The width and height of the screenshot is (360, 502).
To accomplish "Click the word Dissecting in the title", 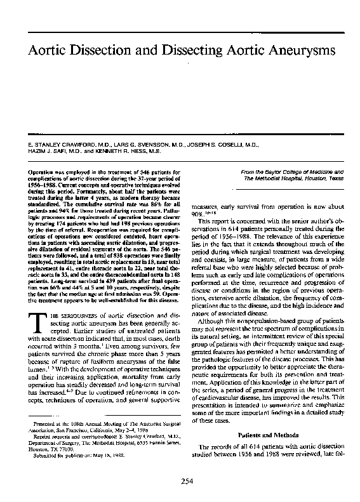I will click(194, 49).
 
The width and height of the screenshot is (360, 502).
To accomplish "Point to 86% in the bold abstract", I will click(143, 205).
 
